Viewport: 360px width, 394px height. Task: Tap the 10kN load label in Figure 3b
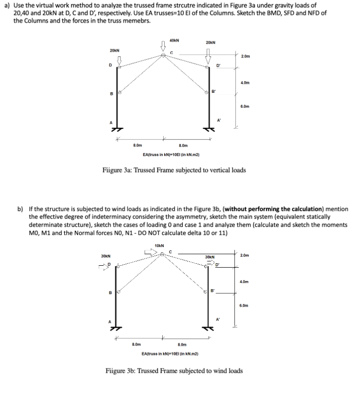click(x=160, y=246)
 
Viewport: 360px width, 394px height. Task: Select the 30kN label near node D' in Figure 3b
click(x=209, y=257)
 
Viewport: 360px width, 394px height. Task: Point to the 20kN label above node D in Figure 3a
click(x=115, y=50)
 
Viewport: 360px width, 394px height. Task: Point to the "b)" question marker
click(x=21, y=209)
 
